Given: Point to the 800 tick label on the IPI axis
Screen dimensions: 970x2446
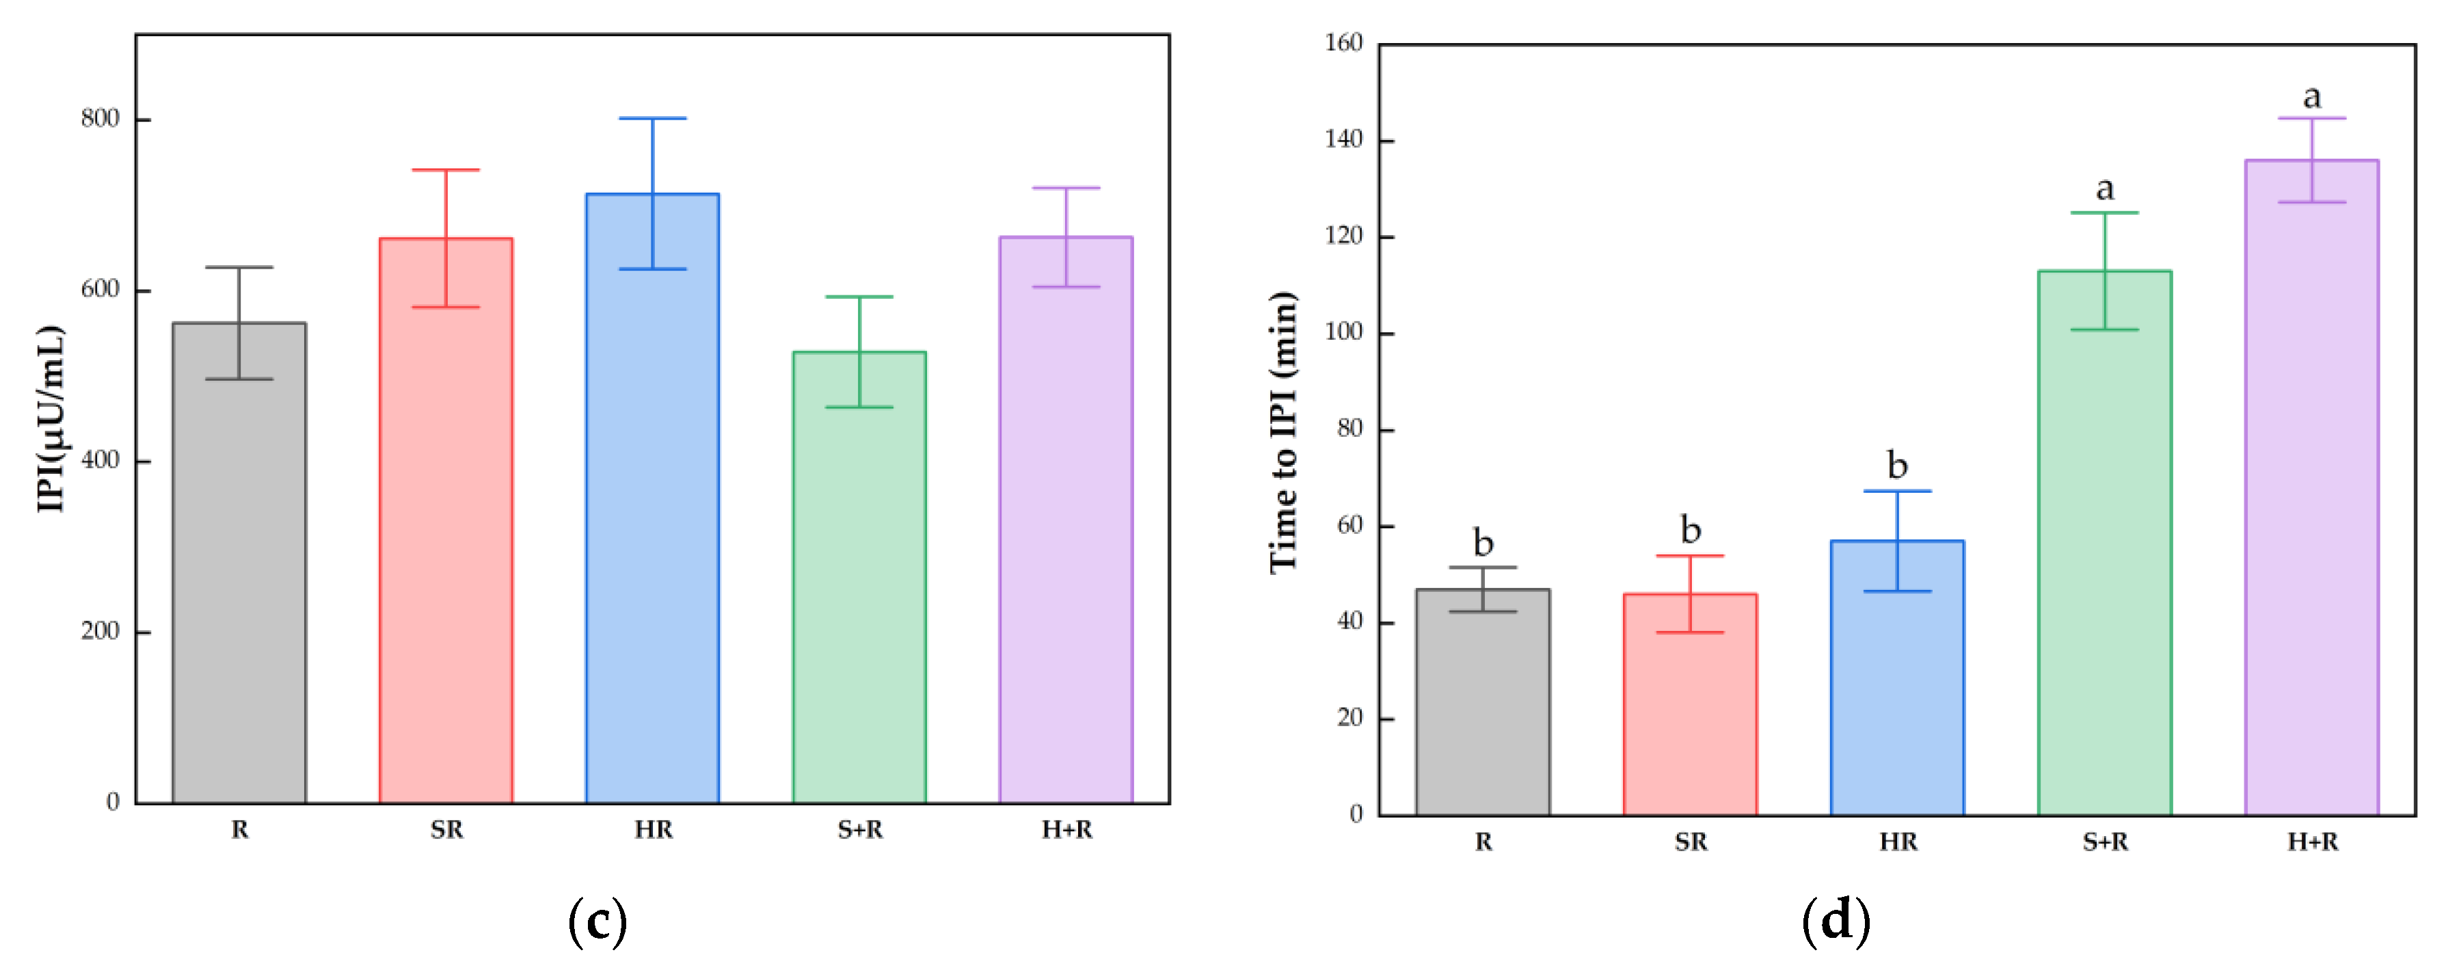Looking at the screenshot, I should pos(100,119).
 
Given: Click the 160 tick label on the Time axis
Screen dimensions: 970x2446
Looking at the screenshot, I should pos(1343,42).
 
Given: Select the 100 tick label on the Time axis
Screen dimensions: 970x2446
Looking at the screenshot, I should pos(1343,332).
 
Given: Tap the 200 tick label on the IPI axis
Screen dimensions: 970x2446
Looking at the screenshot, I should pos(100,631).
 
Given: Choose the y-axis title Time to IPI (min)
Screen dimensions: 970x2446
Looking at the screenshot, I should pos(1283,432).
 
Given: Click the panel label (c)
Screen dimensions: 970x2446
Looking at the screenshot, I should pos(597,921).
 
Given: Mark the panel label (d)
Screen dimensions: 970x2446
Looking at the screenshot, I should pos(1836,921).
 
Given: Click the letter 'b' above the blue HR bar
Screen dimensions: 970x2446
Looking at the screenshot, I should pos(1897,465).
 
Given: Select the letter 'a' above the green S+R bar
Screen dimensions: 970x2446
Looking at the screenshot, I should pos(2105,189).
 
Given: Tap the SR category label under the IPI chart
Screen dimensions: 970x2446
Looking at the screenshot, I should pos(446,831).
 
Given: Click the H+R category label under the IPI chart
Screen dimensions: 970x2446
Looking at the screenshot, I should pos(1066,831).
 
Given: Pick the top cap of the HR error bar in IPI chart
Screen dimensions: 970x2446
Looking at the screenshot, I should pos(652,119).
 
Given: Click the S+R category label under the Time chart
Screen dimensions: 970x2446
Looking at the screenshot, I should pos(2105,842).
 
